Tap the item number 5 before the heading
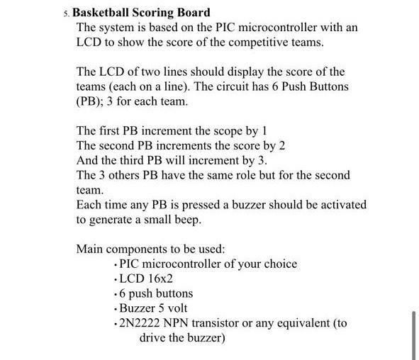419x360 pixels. point(65,13)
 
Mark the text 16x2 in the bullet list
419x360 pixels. point(157,279)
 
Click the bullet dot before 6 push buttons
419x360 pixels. point(116,293)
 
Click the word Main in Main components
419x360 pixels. point(90,249)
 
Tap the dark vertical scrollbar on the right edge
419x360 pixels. point(413,333)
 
